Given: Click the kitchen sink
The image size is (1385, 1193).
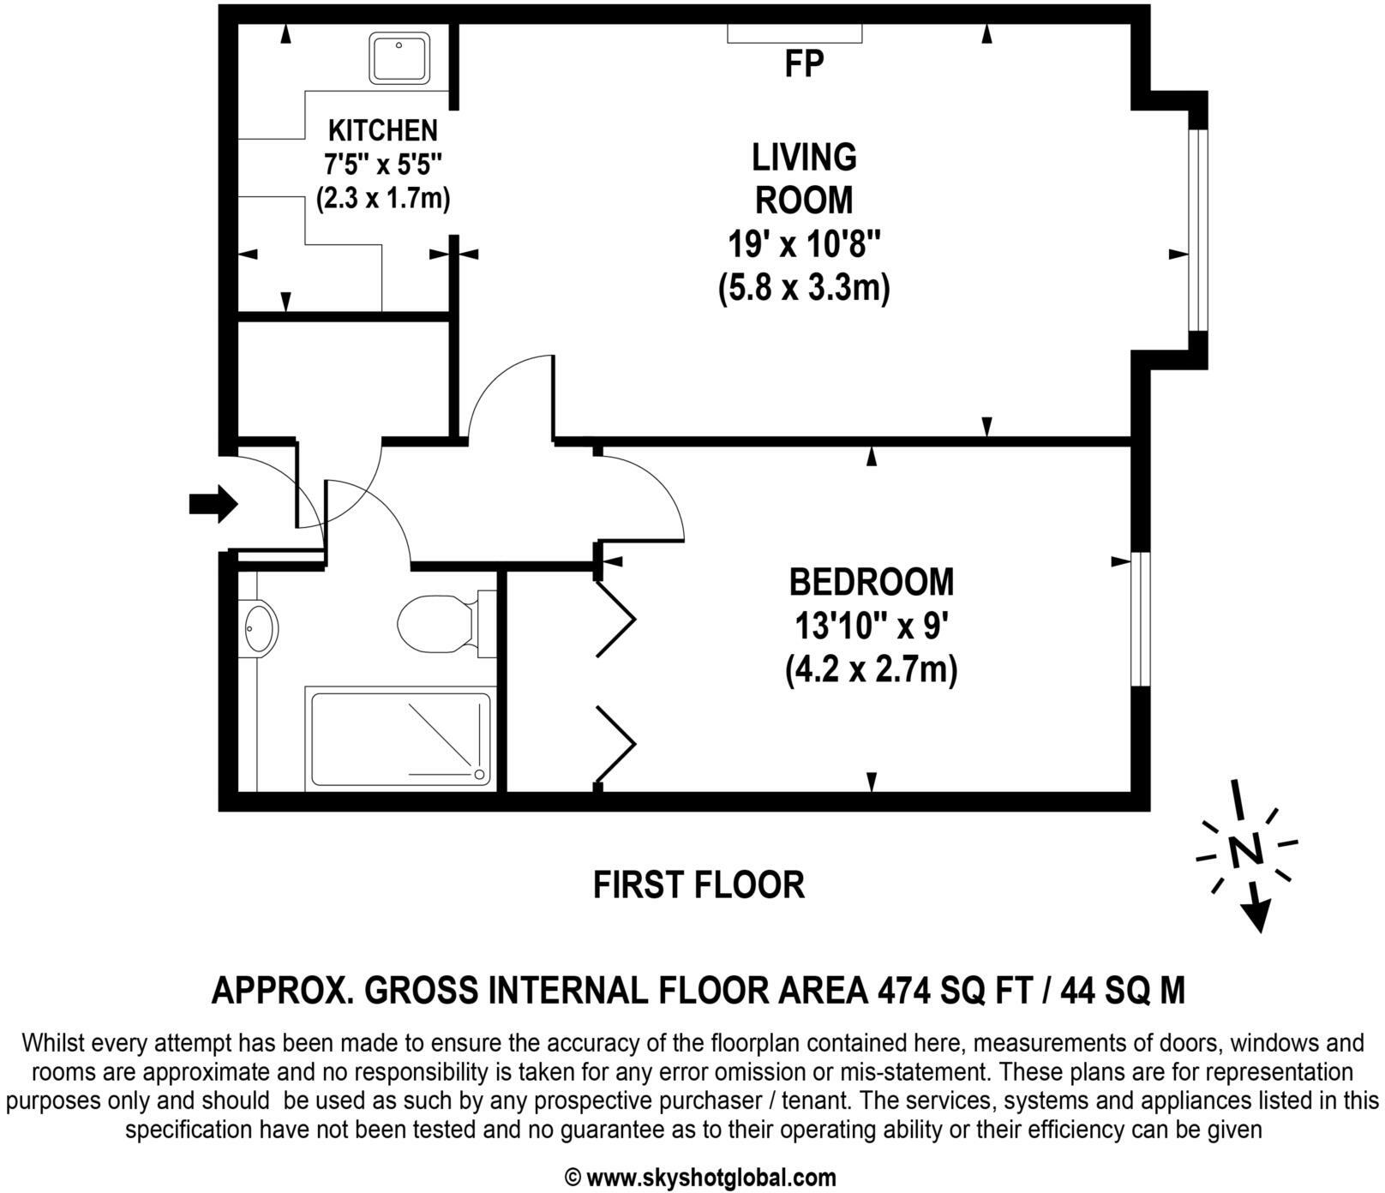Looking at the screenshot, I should [x=399, y=58].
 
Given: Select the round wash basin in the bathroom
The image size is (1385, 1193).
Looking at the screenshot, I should [x=260, y=628].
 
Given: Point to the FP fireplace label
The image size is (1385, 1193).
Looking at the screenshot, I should [x=804, y=64].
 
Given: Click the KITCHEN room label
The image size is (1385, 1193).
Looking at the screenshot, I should [x=383, y=130].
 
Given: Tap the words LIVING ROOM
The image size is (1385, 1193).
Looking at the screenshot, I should [x=804, y=178].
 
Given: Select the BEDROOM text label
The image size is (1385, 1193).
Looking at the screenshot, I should [x=871, y=582].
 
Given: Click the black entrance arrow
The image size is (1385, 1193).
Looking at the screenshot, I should [x=213, y=503].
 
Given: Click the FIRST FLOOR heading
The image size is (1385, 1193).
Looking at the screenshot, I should [x=698, y=884].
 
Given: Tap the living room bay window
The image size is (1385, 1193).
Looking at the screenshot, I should [x=1198, y=230].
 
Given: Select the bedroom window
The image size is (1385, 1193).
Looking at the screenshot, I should [x=1140, y=619].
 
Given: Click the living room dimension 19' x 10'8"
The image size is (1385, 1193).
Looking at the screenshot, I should [x=804, y=246].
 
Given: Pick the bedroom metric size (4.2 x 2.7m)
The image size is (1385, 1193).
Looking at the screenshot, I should [x=871, y=669].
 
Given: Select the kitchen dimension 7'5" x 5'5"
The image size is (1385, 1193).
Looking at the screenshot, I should [x=383, y=163].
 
